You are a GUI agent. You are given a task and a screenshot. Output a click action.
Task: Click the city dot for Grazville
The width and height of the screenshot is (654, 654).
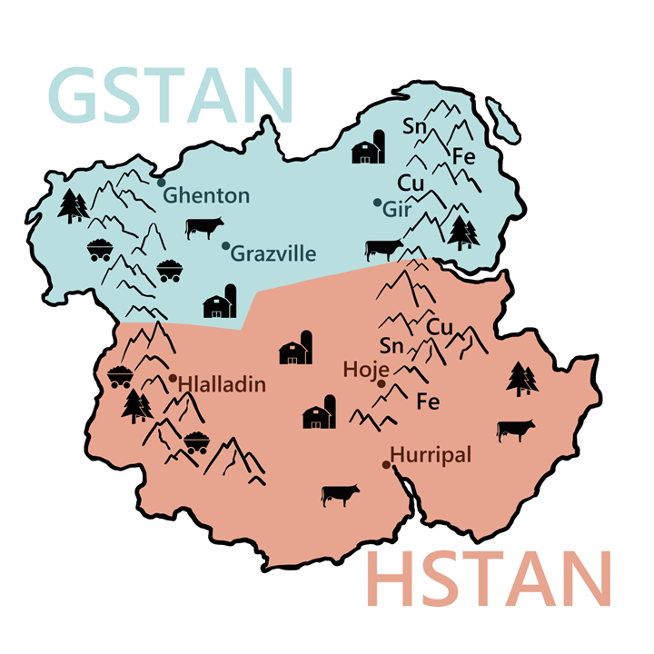point(225,245)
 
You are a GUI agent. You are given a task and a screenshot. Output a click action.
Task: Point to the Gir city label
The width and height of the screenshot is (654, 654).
point(398,210)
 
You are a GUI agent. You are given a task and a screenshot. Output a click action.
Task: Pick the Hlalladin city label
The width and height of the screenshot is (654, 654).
point(223,385)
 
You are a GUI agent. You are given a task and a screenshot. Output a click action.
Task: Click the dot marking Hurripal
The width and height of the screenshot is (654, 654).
point(386,465)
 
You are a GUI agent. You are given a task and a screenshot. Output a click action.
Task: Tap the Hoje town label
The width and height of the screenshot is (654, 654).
point(367,370)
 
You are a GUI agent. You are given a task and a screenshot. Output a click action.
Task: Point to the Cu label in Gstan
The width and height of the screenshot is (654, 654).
point(411,183)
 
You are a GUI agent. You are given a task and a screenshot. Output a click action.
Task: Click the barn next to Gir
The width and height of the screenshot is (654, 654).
point(370,146)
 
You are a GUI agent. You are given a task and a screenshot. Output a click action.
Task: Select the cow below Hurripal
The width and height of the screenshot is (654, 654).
point(341,494)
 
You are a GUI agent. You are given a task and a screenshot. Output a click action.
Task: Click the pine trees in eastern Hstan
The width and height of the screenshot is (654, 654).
point(519,379)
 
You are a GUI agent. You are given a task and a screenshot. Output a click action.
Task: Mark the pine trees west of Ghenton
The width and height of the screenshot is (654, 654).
point(73,206)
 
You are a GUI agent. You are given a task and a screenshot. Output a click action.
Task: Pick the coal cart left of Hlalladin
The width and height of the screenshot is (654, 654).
point(121,376)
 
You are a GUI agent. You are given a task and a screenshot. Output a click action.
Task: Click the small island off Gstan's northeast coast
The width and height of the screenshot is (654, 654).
point(502,117)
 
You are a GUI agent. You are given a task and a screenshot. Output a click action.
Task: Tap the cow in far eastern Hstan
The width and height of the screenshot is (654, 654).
point(516,430)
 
